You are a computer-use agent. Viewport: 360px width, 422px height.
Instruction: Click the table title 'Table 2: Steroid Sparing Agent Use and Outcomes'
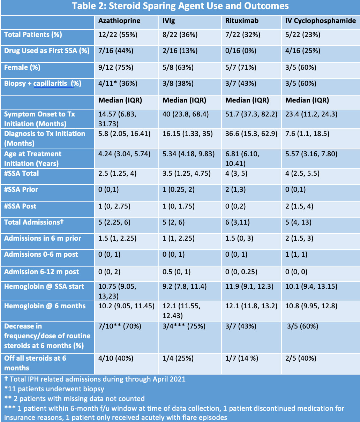tap(180, 6)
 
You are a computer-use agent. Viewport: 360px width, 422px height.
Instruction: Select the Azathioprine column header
tap(119, 21)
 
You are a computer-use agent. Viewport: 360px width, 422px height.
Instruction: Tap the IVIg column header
tap(169, 21)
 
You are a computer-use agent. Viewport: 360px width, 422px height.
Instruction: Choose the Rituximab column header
tap(242, 21)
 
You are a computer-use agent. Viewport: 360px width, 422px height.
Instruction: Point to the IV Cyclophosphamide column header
tap(321, 21)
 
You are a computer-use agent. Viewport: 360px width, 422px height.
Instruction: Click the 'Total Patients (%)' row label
tap(33, 35)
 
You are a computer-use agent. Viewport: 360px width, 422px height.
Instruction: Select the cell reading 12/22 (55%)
tap(118, 35)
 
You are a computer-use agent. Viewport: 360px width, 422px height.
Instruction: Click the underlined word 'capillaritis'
tap(53, 83)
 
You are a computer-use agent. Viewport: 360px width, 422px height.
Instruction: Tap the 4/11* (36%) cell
tap(118, 83)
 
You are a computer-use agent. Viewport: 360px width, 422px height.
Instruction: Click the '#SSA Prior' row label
tap(21, 189)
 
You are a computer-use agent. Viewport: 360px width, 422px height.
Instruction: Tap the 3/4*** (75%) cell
tap(184, 326)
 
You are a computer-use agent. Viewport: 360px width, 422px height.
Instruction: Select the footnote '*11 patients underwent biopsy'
tap(54, 389)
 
